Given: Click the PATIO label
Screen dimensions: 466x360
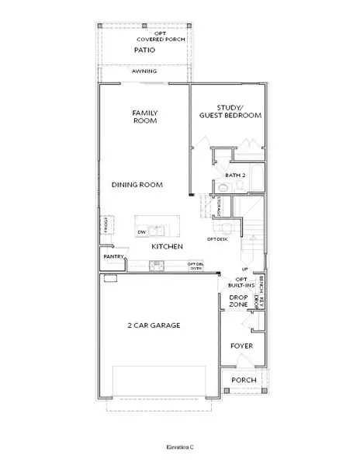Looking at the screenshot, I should point(144,50).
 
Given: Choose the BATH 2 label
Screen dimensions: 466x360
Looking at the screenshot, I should point(234,176).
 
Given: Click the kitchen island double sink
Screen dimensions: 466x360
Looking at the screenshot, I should point(159,231).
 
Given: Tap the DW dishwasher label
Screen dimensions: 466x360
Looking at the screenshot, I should point(142,231).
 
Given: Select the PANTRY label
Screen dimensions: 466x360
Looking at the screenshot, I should point(110,256).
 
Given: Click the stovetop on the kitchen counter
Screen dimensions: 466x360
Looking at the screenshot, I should point(157,265).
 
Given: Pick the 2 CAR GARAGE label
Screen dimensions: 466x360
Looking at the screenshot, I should point(154,325).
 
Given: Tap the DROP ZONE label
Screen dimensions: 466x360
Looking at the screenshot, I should point(238,301).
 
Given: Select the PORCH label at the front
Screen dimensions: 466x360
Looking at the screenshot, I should point(244,381).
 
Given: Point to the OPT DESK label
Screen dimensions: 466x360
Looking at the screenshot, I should point(216,238).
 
